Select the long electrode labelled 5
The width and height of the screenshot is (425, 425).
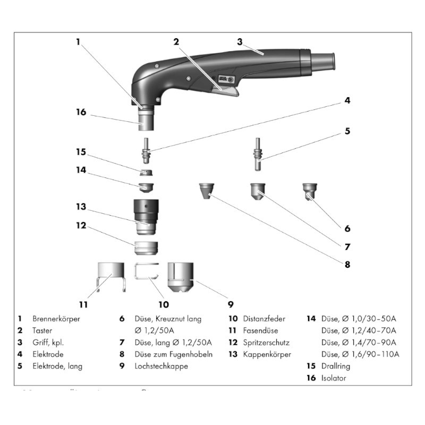pos(257,154)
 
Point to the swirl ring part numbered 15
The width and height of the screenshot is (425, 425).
pos(145,173)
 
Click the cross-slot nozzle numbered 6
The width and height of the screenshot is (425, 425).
pos(309,190)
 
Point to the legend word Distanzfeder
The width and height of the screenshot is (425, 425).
pos(264,319)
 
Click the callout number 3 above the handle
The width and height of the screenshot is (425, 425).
pos(240,41)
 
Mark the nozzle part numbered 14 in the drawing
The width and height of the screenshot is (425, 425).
pos(145,187)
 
